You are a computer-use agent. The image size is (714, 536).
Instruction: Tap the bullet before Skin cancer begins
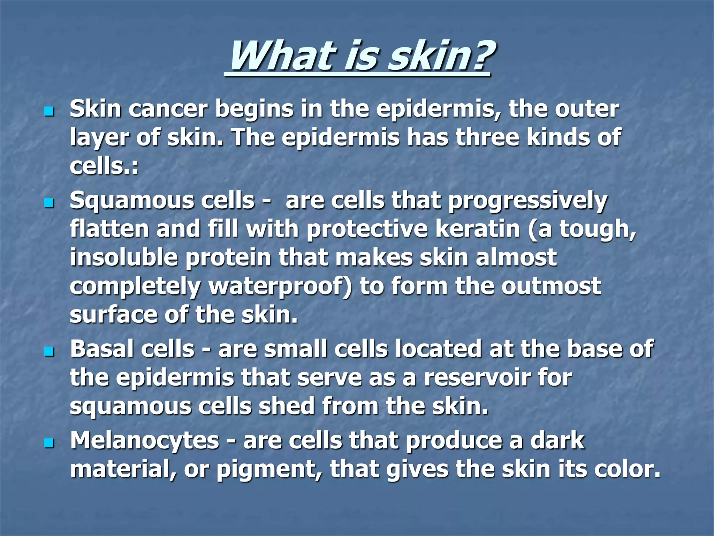pos(49,112)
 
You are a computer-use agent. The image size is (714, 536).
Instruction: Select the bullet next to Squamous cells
pos(49,203)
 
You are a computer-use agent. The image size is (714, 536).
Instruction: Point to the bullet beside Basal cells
pos(49,352)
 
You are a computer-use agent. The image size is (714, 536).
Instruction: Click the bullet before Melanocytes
pos(49,443)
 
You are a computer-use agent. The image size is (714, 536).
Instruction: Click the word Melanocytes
pos(144,441)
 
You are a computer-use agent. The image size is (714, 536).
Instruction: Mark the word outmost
pos(551,286)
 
